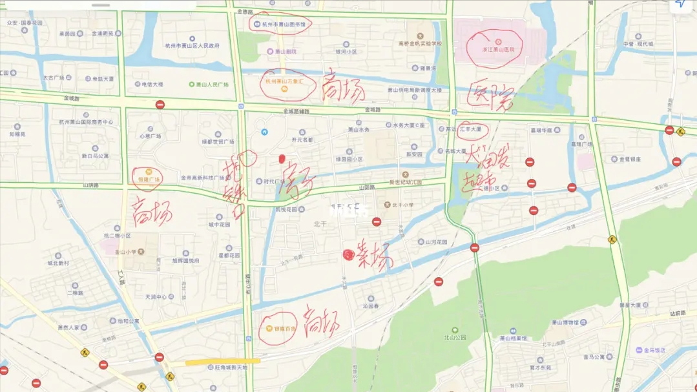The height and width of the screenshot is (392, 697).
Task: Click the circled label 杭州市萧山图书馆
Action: tap(283, 24)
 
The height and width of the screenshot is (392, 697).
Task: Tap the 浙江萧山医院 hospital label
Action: tap(498, 49)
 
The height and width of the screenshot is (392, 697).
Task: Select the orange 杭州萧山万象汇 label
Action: tap(285, 82)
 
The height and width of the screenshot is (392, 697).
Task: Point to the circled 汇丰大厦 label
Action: tap(471, 129)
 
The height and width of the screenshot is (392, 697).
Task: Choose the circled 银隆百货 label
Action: tap(280, 329)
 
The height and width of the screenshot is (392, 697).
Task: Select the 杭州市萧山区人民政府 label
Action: tap(192, 46)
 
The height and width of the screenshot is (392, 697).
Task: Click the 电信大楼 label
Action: tap(152, 85)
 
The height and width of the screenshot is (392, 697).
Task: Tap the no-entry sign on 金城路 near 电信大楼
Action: tap(160, 105)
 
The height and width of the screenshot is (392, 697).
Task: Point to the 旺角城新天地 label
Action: tap(227, 367)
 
